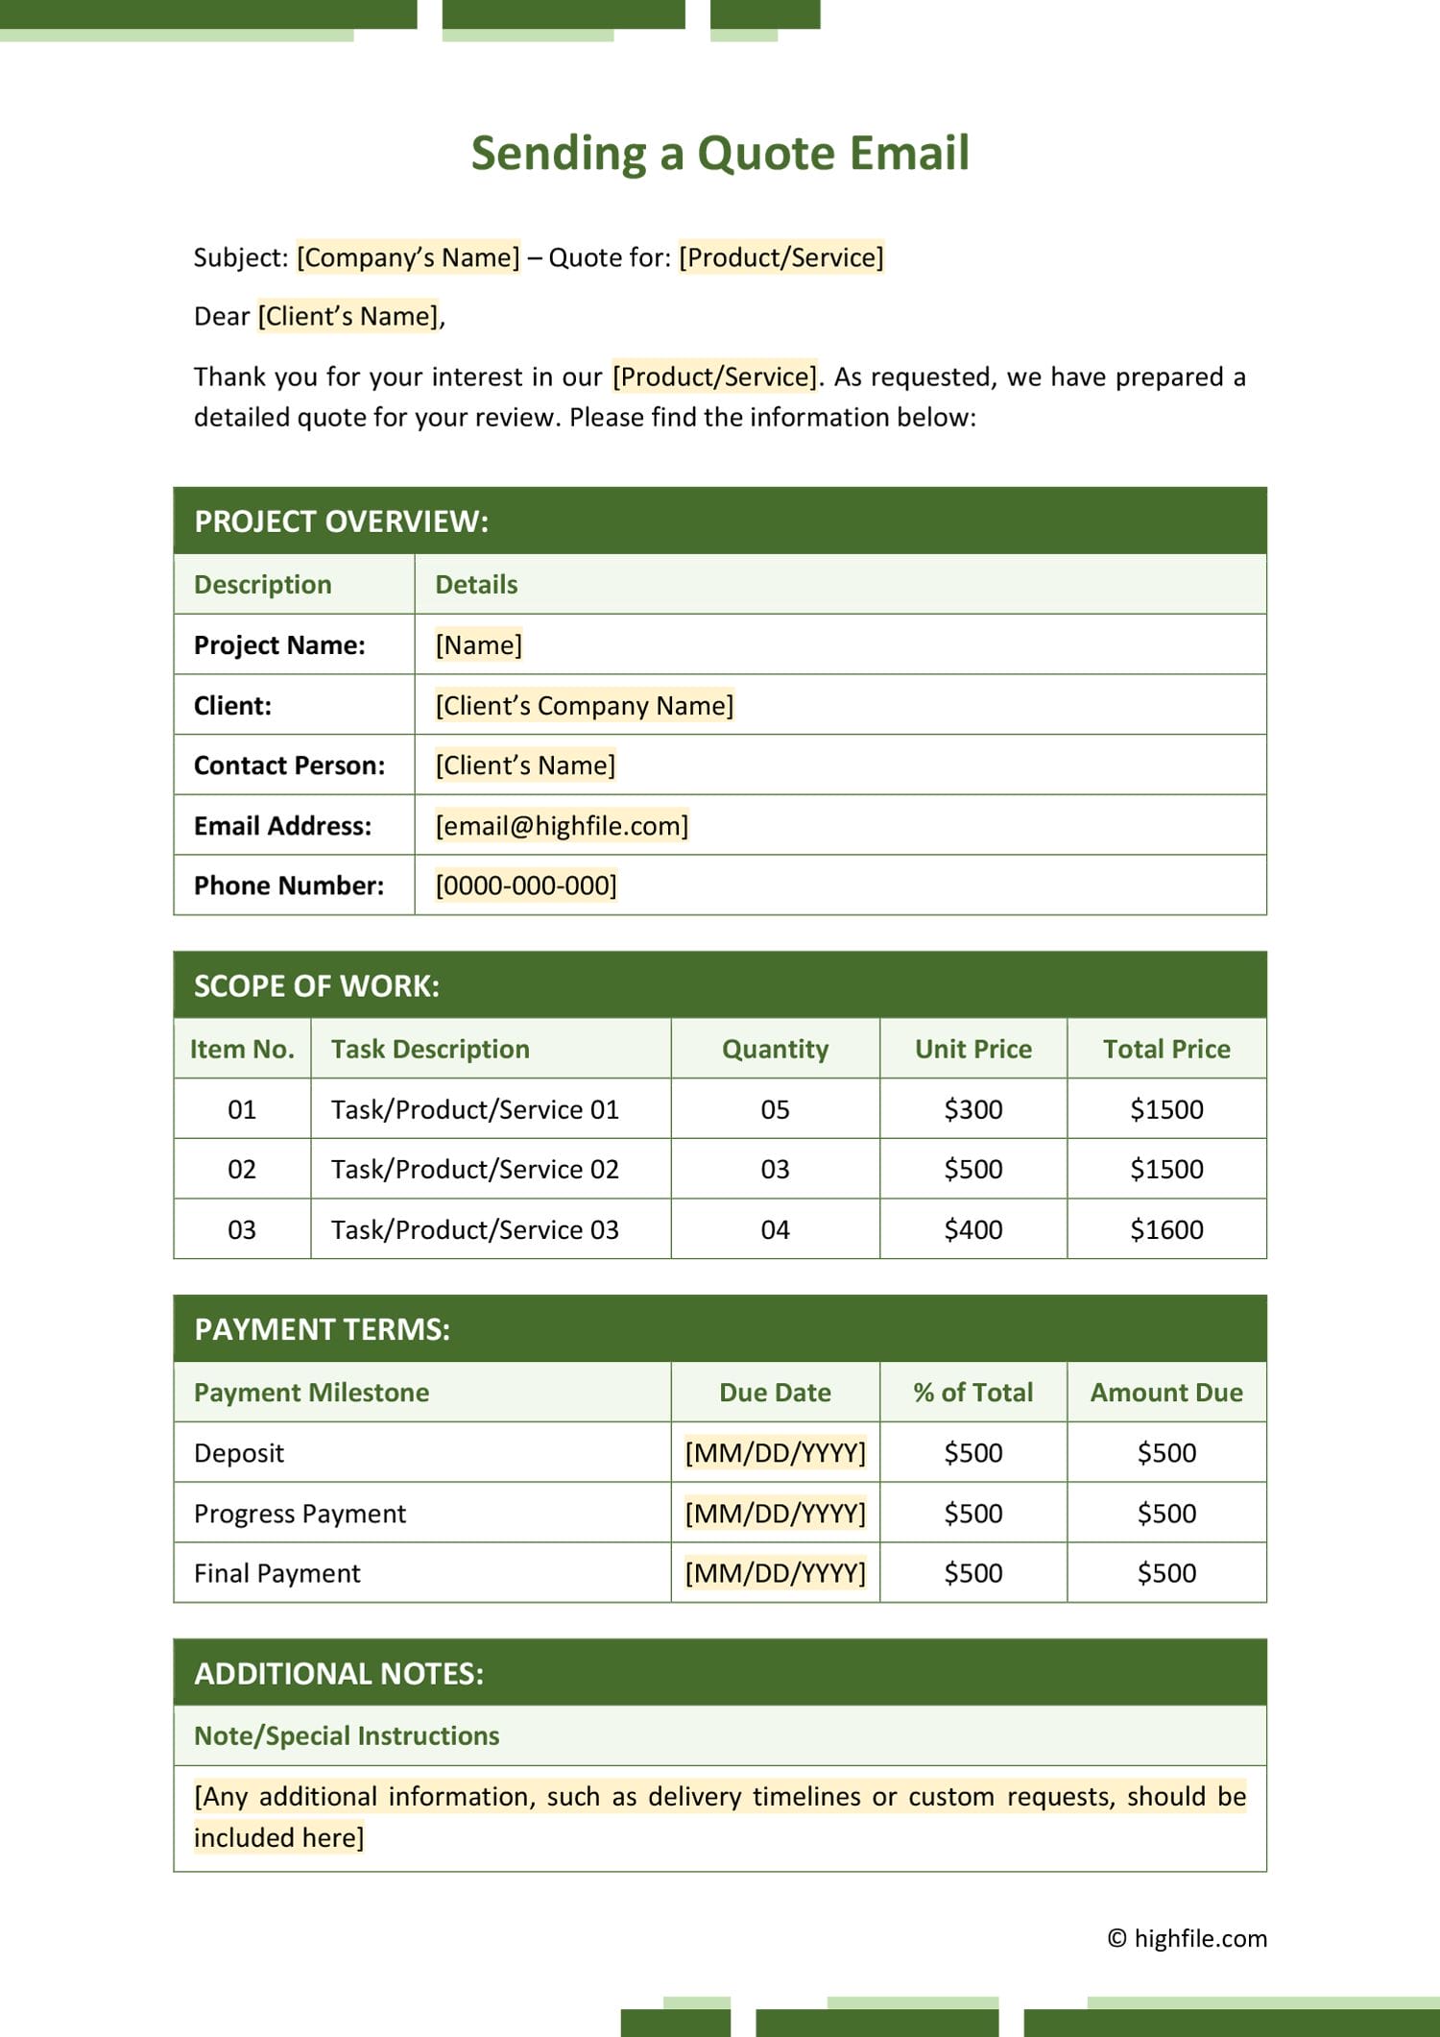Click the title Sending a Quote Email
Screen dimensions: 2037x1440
(x=720, y=154)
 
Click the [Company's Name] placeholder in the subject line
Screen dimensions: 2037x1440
(x=408, y=257)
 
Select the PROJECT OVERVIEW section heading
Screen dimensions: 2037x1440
(x=341, y=521)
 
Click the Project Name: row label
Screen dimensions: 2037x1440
(x=279, y=645)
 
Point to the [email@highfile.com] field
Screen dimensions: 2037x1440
(x=562, y=826)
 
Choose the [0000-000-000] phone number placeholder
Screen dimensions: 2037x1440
(x=526, y=885)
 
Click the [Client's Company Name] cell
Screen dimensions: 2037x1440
(x=584, y=706)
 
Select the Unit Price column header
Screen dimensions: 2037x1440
(x=972, y=1049)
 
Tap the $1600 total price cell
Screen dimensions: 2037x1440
(x=1165, y=1229)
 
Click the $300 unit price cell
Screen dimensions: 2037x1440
(x=972, y=1109)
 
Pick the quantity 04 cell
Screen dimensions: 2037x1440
(x=775, y=1229)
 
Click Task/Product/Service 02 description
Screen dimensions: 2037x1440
(x=474, y=1170)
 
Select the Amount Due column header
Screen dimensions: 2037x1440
(x=1165, y=1393)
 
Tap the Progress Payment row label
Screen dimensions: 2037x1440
(x=300, y=1514)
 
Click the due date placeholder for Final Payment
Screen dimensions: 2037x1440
(x=775, y=1573)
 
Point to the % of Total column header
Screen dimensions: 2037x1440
(x=972, y=1393)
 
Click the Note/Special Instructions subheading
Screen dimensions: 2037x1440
(x=347, y=1735)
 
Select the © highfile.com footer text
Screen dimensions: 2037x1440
(x=1187, y=1938)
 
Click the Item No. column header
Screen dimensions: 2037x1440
(x=242, y=1049)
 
